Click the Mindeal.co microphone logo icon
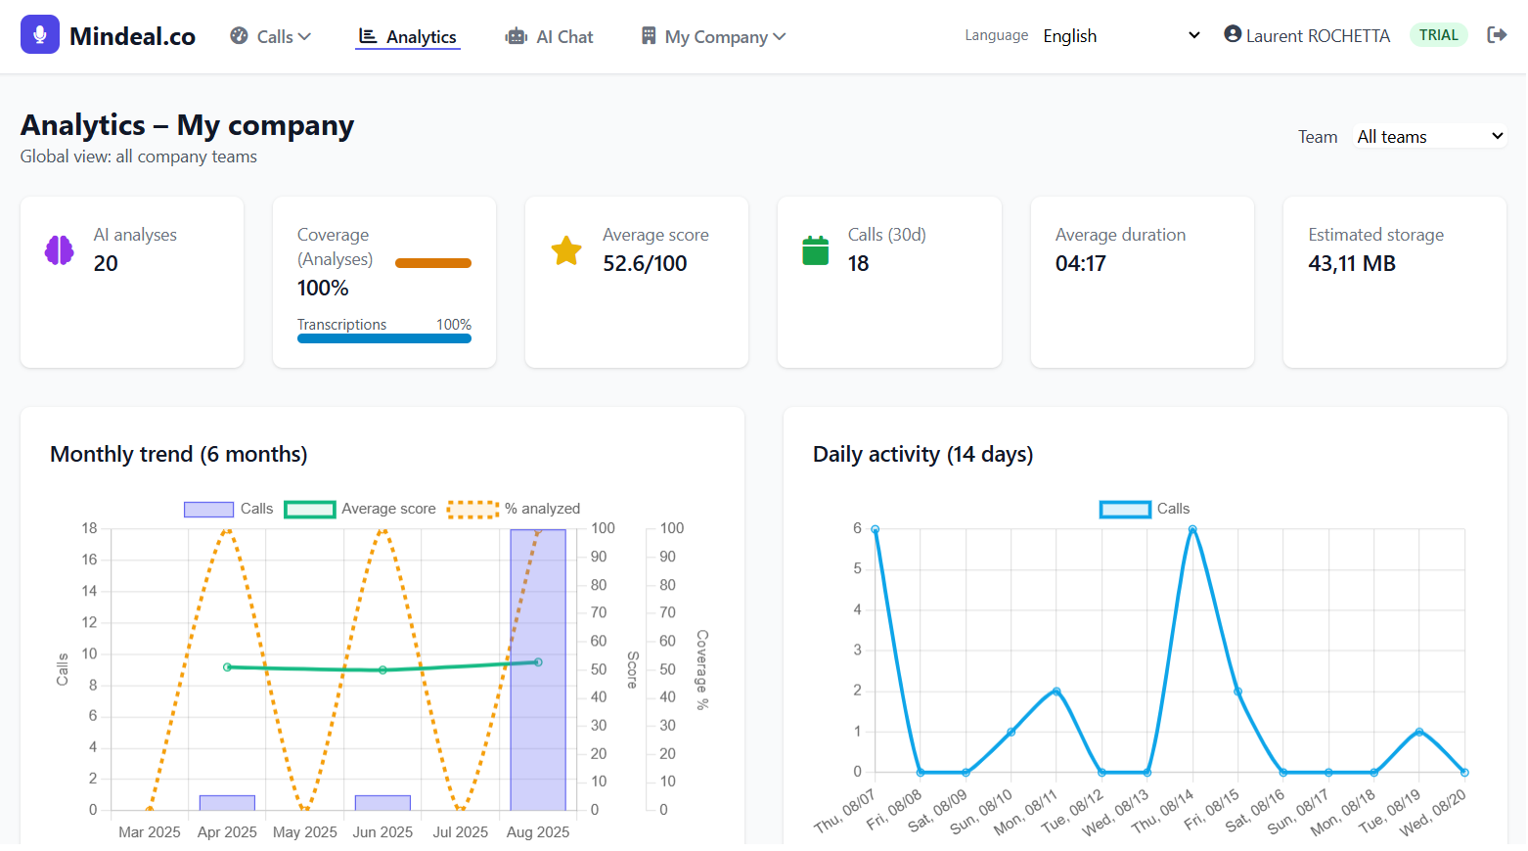40,34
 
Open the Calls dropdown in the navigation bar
271,36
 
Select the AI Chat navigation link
550,36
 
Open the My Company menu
714,36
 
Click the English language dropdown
1121,35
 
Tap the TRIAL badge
1438,35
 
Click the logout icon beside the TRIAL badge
1497,35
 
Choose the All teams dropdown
1429,137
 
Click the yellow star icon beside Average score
566,250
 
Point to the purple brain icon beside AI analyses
60,250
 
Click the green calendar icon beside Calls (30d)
815,250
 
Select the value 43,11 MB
1352,263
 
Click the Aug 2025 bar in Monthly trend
538,675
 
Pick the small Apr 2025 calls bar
227,803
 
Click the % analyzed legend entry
514,509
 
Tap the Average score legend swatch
310,509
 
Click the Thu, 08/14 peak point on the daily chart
1192,529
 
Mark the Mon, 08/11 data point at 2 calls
1056,692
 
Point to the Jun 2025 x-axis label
382,831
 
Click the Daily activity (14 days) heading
922,454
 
